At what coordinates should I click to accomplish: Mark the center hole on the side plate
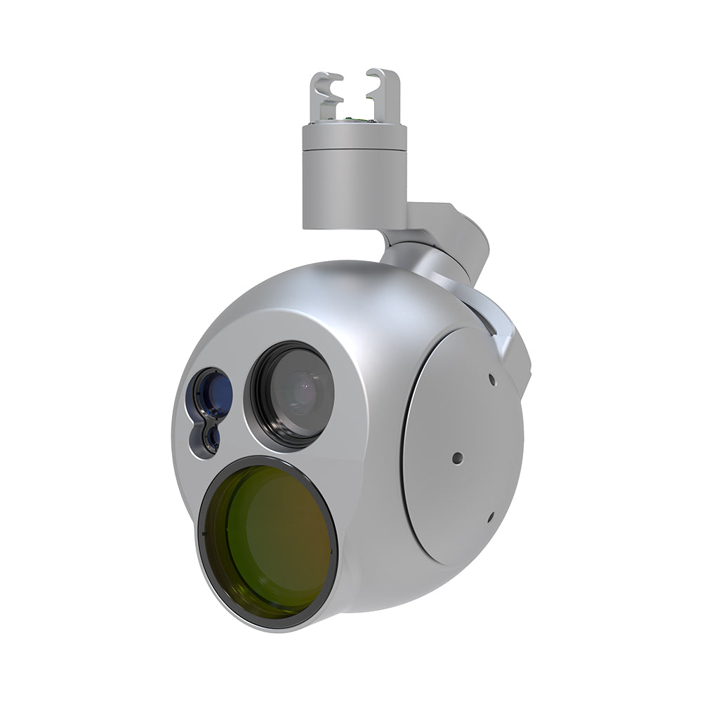458,458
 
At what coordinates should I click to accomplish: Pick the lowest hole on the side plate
489,518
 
